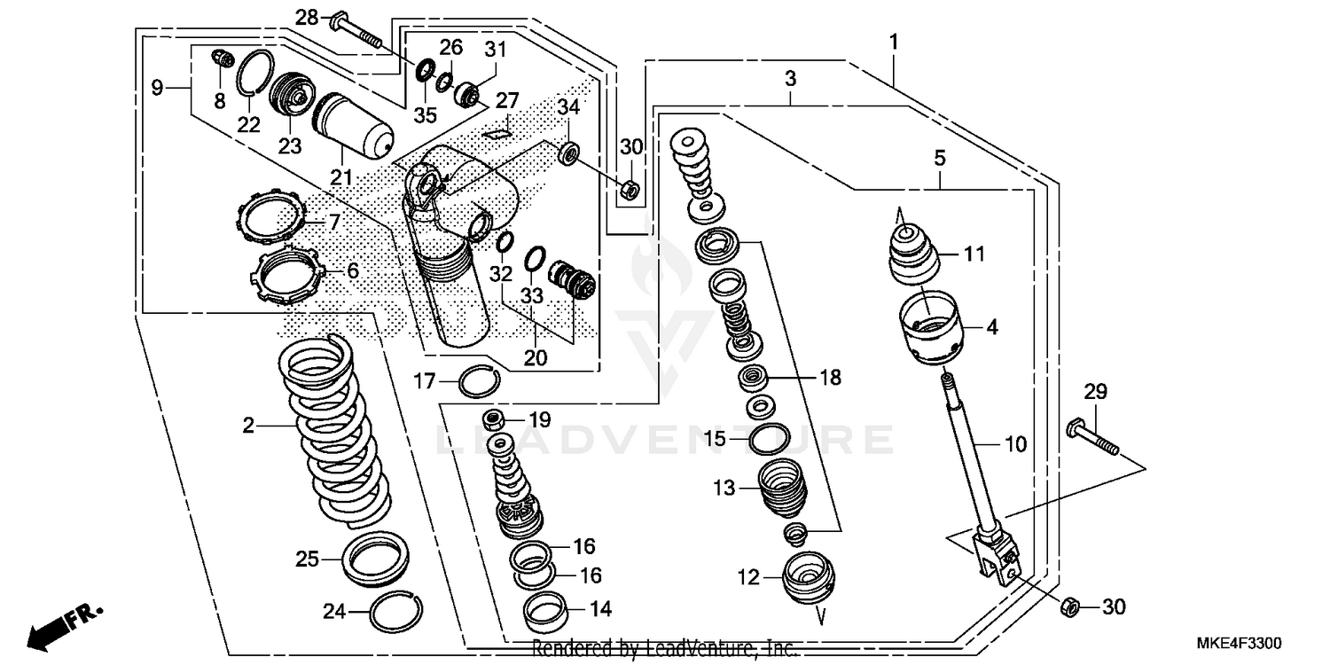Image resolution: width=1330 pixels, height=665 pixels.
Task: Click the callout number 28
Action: click(x=306, y=17)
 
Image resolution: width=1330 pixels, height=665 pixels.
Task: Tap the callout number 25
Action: click(x=307, y=559)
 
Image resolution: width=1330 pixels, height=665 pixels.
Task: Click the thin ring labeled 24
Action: click(x=396, y=610)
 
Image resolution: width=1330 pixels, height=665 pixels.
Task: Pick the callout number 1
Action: click(x=895, y=41)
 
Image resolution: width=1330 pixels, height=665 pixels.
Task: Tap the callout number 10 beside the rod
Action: click(x=1016, y=443)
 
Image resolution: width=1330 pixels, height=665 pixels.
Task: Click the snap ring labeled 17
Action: click(x=479, y=382)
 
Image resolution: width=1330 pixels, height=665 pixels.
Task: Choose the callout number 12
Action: click(x=748, y=577)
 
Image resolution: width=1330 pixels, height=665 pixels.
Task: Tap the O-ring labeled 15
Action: click(x=769, y=438)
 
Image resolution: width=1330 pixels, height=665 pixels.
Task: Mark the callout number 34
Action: click(x=568, y=107)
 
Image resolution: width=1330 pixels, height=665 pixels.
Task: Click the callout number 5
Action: click(x=940, y=158)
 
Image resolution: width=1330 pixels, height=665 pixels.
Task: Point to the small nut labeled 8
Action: click(x=222, y=60)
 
